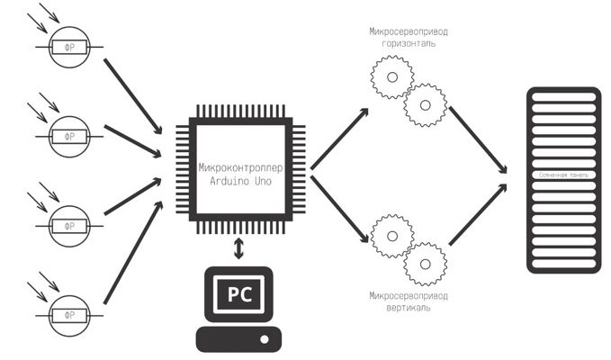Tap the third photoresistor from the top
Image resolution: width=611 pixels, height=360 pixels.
(68, 218)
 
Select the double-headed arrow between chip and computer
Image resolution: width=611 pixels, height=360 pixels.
(238, 248)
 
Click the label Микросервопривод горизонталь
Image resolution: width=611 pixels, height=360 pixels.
(409, 37)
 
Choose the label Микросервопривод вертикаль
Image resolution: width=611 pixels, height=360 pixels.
(409, 301)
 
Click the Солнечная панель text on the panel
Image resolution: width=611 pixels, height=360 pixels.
(563, 174)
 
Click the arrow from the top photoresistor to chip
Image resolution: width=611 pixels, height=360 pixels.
(135, 94)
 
